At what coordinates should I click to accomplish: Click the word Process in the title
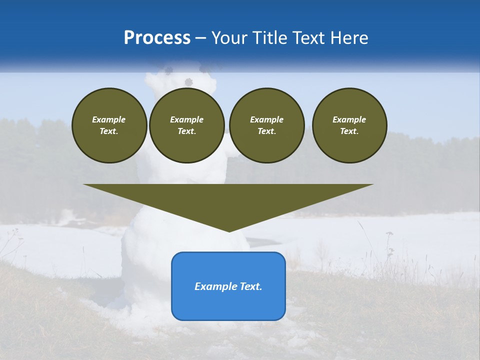tap(157, 38)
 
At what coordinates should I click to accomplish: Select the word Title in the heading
tap(272, 38)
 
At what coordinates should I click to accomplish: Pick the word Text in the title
tap(309, 38)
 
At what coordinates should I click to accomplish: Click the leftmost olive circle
tap(109, 125)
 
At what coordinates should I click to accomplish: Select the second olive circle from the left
tap(187, 125)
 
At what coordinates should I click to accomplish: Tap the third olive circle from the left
tap(267, 125)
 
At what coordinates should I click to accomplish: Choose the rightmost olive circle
tap(349, 125)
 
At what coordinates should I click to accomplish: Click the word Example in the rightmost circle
tap(349, 119)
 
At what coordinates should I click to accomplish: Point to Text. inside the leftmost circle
tap(109, 131)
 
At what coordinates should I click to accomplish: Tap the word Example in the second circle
tap(187, 119)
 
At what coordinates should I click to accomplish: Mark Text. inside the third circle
tap(267, 131)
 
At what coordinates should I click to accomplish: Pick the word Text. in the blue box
tap(249, 286)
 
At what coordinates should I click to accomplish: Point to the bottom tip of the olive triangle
tap(228, 230)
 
